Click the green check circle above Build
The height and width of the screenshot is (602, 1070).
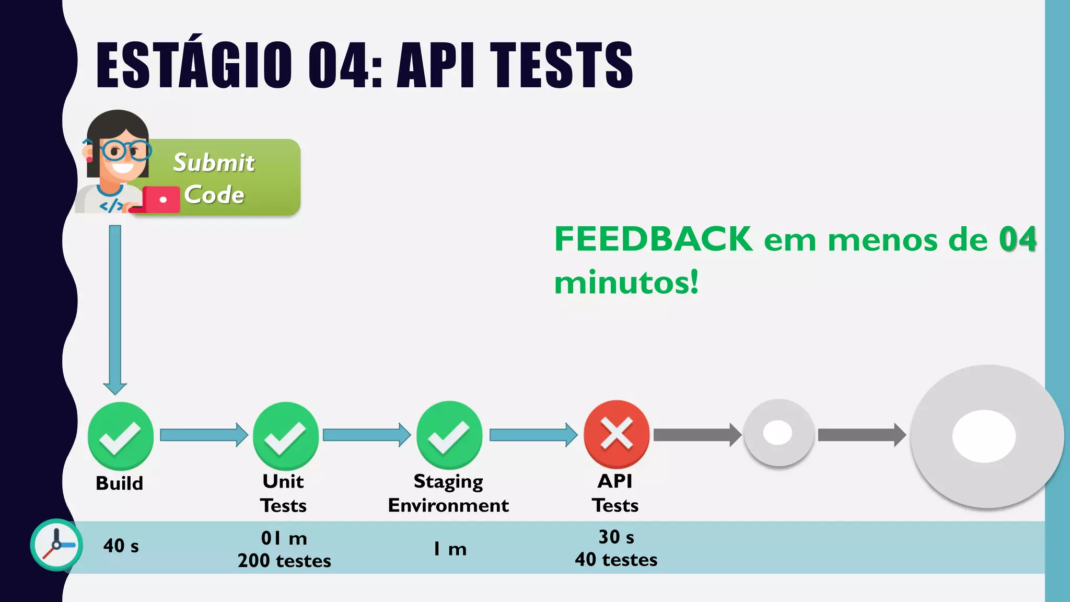tap(121, 435)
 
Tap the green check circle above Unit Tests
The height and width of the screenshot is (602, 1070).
tap(285, 435)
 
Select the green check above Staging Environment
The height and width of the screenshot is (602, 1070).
tap(449, 435)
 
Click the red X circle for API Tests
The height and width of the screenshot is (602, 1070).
tap(617, 434)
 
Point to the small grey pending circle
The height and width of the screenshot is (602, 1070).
tap(778, 433)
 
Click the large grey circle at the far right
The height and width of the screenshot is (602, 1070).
tap(986, 436)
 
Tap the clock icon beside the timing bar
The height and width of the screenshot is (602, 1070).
tap(56, 545)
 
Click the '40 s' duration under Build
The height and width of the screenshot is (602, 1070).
tap(121, 546)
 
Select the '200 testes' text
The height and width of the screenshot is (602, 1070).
tap(284, 561)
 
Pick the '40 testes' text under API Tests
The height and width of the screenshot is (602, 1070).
tap(616, 560)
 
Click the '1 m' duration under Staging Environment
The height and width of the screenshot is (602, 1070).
tap(450, 549)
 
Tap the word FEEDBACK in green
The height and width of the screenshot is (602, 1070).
tap(653, 239)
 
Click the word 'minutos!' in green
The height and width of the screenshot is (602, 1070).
tap(626, 283)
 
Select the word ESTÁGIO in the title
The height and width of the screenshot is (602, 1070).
tap(194, 65)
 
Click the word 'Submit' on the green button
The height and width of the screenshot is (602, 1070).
tap(214, 163)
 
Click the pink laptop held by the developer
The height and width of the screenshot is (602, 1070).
tap(161, 200)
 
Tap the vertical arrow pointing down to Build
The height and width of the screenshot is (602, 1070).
tap(115, 308)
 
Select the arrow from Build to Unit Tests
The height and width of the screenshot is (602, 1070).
tap(204, 435)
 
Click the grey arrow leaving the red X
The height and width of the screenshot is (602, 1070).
tap(697, 435)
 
